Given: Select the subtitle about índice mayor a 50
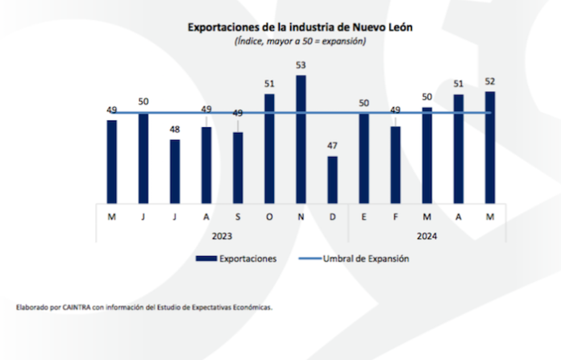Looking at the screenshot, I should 299,40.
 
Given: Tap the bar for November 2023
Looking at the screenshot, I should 301,140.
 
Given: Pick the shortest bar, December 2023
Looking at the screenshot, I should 332,180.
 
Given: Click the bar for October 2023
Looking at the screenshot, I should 269,148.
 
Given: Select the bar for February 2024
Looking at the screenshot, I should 395,164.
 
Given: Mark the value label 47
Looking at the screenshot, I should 332,147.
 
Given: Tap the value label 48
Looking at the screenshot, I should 175,130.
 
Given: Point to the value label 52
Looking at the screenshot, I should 489,81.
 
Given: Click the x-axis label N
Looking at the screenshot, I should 301,217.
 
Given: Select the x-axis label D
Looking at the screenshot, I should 332,217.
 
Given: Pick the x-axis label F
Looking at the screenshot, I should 395,217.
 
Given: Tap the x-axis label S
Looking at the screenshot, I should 238,217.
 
